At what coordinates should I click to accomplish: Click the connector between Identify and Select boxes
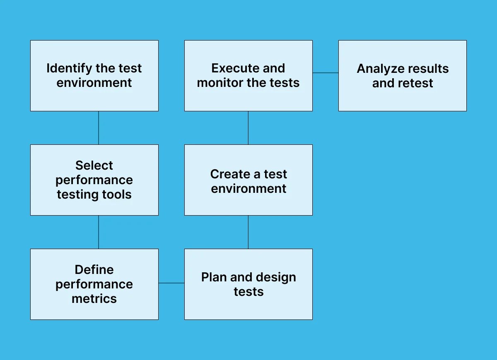point(99,128)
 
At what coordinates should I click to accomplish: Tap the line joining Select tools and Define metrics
point(99,232)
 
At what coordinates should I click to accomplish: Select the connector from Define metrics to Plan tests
point(171,283)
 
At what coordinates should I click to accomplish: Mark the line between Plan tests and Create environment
point(248,232)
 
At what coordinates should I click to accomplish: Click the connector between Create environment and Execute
point(248,128)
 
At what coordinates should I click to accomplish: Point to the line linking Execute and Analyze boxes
point(326,73)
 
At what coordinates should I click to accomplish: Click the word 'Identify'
point(69,68)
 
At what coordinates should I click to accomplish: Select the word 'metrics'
point(94,299)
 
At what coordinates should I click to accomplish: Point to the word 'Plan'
point(214,277)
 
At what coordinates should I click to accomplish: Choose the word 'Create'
point(229,174)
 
